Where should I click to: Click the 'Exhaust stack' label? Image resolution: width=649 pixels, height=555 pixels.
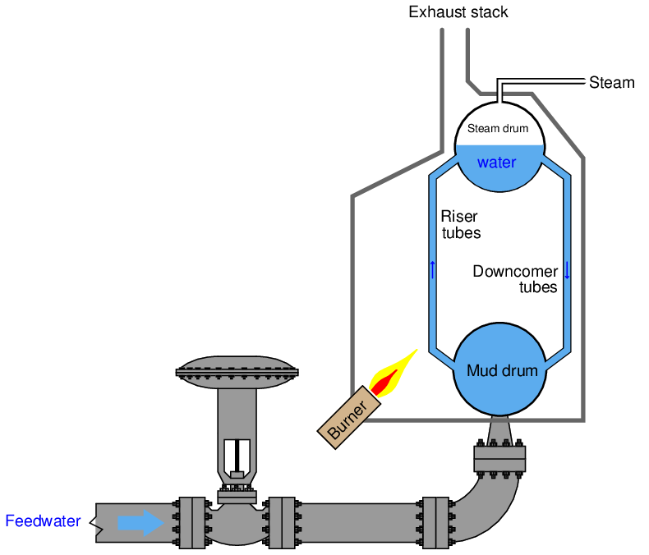[458, 12]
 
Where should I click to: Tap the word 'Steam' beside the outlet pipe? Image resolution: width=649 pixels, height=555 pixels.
[611, 83]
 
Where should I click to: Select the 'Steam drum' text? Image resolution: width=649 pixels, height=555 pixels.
[498, 129]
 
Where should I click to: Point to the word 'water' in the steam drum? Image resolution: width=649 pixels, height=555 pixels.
[497, 163]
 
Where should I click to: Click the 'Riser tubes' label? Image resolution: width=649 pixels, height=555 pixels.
[460, 224]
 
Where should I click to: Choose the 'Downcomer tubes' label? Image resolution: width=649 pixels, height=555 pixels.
[516, 279]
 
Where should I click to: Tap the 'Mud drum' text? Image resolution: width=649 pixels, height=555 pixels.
[502, 370]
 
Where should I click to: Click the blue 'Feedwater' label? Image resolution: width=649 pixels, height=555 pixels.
[43, 521]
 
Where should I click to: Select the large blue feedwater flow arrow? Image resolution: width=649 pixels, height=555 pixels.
[140, 522]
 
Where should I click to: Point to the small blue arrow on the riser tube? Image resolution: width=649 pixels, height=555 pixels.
[432, 269]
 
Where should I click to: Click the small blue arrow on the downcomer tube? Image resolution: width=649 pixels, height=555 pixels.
[567, 269]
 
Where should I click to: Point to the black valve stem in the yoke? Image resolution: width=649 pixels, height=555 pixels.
[237, 456]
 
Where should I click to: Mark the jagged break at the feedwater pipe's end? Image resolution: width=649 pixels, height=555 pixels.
[99, 523]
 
